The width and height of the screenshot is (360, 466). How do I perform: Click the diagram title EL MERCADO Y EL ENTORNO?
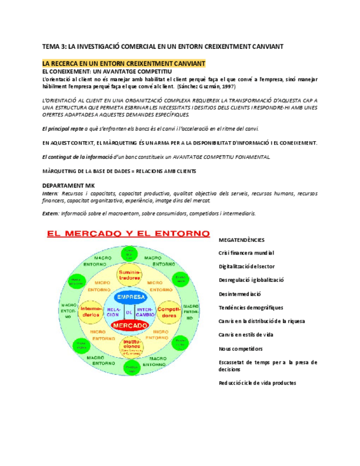click(x=128, y=234)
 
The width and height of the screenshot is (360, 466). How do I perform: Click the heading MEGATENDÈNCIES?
click(x=241, y=240)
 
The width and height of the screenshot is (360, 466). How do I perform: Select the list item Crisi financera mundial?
click(x=246, y=253)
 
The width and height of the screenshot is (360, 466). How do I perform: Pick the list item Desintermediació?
click(x=240, y=294)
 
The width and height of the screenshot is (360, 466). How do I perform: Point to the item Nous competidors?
click(x=241, y=348)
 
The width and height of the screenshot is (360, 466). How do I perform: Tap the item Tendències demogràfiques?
click(x=251, y=307)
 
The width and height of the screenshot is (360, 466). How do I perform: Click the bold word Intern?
click(x=50, y=193)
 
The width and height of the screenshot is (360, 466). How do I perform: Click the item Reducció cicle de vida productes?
click(x=257, y=383)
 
